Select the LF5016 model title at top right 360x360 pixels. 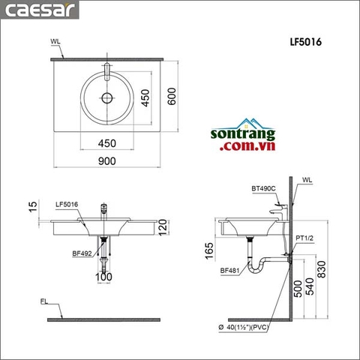click(x=306, y=43)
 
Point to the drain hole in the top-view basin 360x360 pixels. click(x=107, y=97)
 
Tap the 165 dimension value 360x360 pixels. click(x=208, y=248)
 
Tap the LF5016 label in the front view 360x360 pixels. click(x=67, y=203)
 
